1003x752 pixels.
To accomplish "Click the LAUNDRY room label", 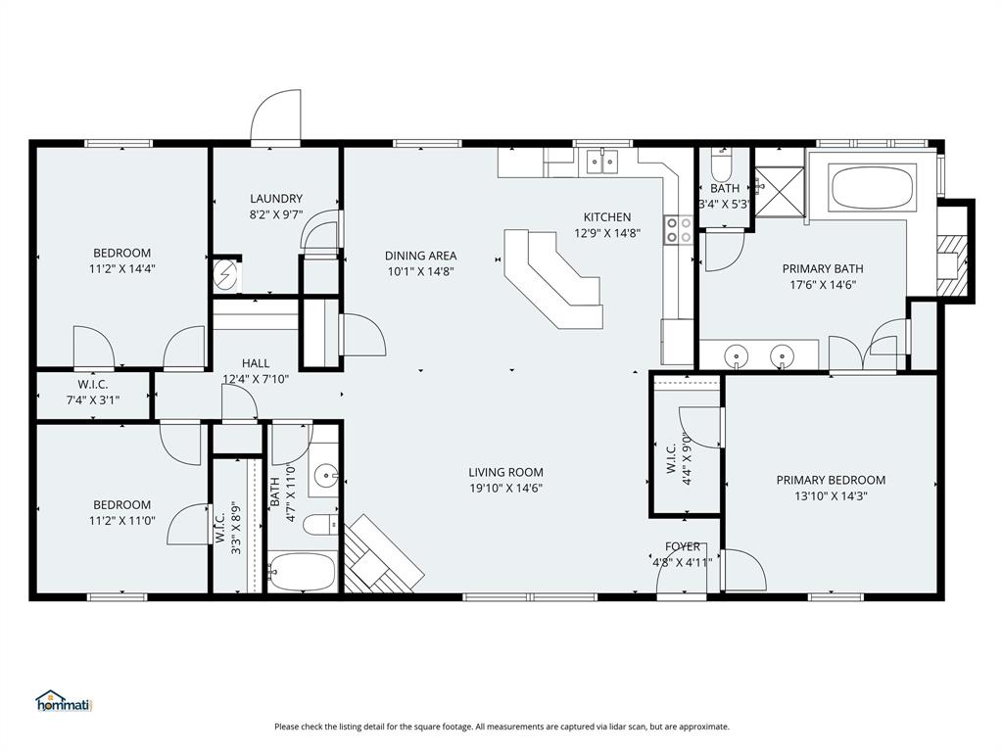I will (x=275, y=199).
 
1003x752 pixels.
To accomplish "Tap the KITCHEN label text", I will (x=607, y=217).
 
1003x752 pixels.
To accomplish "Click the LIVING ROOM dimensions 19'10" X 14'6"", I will (x=505, y=488).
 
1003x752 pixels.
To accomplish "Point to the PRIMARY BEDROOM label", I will (x=831, y=480).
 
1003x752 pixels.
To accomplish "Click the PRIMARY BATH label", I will (x=822, y=268).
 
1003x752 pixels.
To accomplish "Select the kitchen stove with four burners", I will (x=679, y=230).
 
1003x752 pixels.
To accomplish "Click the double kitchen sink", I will (x=601, y=162).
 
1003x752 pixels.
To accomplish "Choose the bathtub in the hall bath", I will (x=303, y=571).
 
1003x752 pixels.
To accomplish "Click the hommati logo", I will (x=63, y=701).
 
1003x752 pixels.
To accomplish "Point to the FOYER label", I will (x=683, y=546).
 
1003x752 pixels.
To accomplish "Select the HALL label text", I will (x=256, y=363).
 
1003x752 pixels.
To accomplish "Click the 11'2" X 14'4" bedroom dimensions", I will (x=122, y=268).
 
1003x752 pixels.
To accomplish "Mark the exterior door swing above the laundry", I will (x=276, y=117).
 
